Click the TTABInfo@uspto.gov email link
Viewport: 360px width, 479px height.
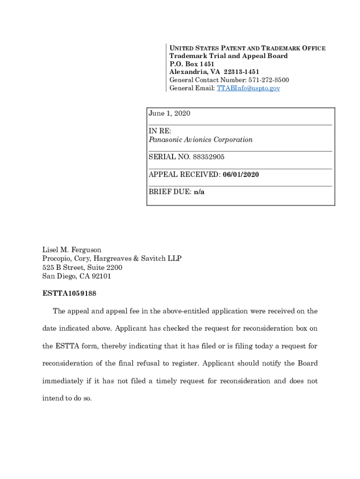tap(248, 88)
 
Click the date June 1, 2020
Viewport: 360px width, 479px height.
tap(169, 114)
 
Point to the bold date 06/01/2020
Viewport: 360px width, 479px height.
tap(241, 174)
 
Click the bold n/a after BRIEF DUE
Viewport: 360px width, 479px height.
tap(199, 192)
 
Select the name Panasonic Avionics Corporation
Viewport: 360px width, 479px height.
tap(201, 140)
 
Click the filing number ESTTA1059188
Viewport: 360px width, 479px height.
tap(70, 294)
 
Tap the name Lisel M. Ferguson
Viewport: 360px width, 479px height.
tap(72, 250)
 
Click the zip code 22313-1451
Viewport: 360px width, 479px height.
tap(241, 72)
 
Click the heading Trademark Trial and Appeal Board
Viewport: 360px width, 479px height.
tap(229, 56)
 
